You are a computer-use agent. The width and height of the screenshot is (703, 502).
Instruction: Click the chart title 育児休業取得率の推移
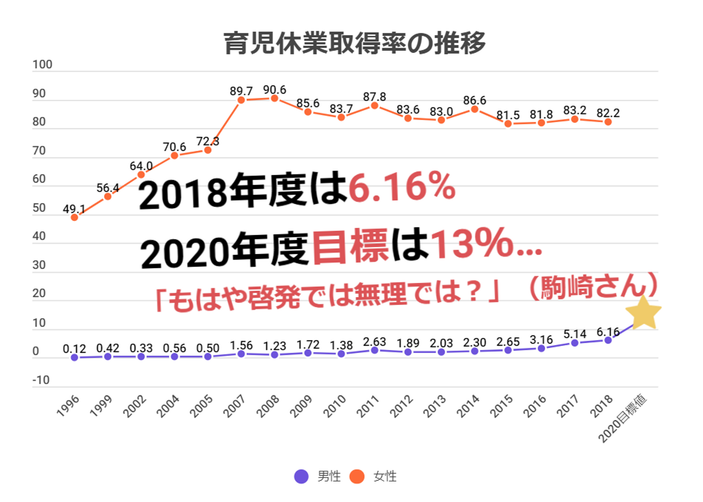tap(354, 43)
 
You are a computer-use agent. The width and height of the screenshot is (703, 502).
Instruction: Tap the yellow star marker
tap(643, 313)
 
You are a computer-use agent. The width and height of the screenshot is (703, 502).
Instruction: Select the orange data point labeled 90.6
tap(274, 98)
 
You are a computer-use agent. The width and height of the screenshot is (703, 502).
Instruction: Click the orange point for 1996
tap(74, 217)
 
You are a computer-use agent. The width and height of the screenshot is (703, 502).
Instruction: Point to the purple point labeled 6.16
tap(608, 340)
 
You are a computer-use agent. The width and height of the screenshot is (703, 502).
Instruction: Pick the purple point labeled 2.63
tap(374, 350)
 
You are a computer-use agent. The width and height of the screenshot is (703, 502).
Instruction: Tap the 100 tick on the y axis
tap(42, 65)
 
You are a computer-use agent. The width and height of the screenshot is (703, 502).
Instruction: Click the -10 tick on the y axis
tap(41, 380)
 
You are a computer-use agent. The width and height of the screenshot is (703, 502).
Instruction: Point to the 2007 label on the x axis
tap(234, 406)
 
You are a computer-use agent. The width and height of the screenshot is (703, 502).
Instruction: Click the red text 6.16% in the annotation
tap(402, 187)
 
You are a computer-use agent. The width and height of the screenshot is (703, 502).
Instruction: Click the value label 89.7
tap(241, 91)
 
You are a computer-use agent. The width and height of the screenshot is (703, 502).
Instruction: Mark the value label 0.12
tap(74, 349)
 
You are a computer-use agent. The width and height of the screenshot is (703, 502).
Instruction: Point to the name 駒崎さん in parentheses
tap(594, 286)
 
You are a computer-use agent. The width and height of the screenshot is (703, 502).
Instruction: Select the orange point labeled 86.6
tap(475, 109)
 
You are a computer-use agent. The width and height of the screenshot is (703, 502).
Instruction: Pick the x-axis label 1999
tap(101, 406)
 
